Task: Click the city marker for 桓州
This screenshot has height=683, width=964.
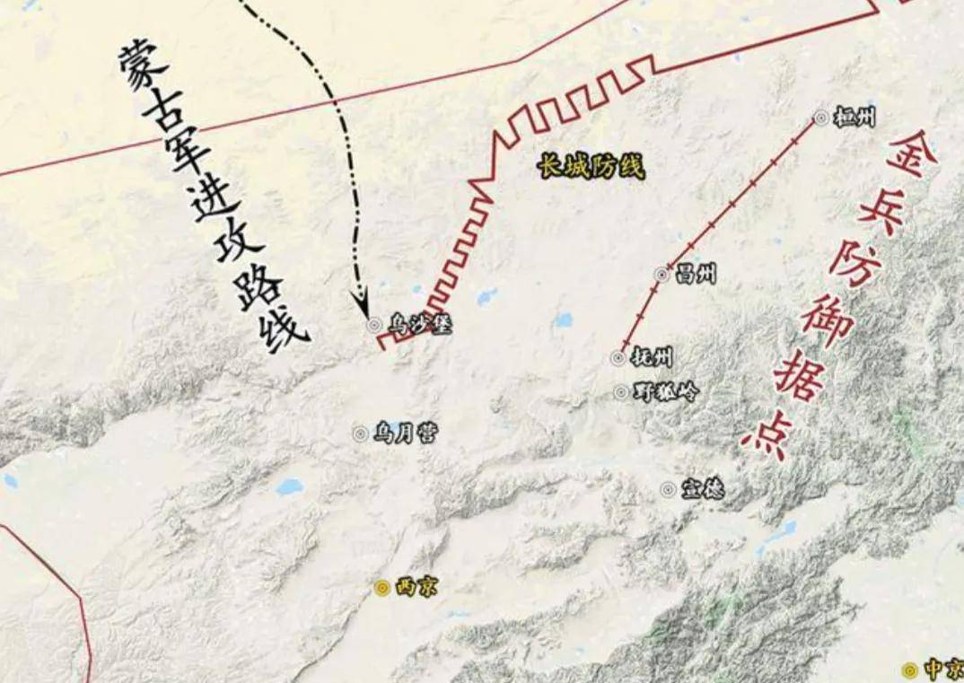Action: pos(820,117)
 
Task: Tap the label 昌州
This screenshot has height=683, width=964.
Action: pos(696,275)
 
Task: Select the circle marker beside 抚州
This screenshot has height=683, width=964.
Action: pos(618,357)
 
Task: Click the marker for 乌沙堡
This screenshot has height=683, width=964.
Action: pos(374,325)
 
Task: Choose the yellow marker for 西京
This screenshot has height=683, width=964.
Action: pos(381,588)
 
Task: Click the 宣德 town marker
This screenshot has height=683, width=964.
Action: pos(668,489)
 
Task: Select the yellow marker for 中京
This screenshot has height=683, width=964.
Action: pos(909,670)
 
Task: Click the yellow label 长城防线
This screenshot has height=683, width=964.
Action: pos(592,166)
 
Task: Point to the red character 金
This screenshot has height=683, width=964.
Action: pos(909,154)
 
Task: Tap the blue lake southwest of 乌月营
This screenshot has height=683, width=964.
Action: pos(289,487)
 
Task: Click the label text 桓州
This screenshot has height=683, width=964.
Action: pos(854,117)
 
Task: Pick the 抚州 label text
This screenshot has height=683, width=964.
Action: pos(651,357)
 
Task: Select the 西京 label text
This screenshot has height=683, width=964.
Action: pos(416,588)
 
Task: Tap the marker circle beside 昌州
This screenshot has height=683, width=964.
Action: pos(662,275)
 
